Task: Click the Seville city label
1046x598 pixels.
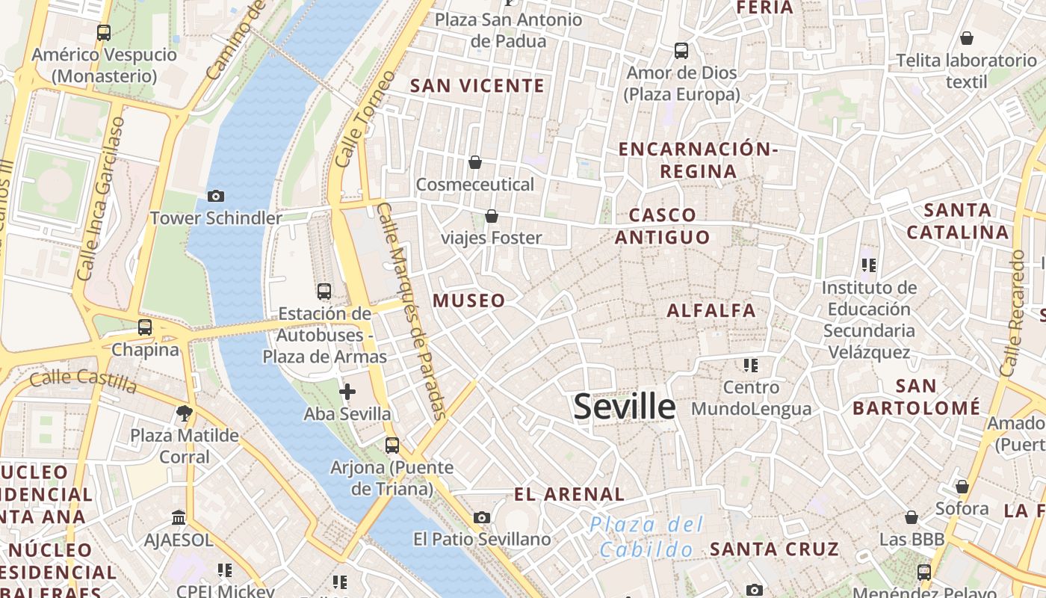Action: coord(625,407)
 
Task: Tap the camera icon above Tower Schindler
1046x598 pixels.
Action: coord(216,196)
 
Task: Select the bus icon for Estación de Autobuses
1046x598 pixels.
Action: coord(324,292)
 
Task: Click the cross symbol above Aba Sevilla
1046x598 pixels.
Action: coord(347,391)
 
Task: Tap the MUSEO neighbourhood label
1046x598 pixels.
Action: coord(469,300)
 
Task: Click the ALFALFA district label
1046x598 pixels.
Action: coord(711,310)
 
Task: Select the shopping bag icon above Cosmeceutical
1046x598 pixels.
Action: coord(475,162)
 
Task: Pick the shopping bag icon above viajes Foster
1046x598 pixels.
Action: coord(492,216)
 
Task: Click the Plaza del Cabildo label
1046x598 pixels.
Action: coord(646,537)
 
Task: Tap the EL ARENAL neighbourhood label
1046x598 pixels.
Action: coord(569,494)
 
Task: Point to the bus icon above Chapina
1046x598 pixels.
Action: coord(145,327)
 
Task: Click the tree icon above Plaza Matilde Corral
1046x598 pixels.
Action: coord(184,413)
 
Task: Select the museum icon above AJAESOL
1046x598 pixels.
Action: coord(179,517)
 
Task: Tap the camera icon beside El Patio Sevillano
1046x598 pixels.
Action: coord(482,517)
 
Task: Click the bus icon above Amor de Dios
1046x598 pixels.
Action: coord(681,51)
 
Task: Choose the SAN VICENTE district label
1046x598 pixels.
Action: coord(477,86)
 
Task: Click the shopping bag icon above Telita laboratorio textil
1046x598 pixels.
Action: coord(967,37)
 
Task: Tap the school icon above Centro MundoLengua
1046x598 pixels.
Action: coord(751,365)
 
